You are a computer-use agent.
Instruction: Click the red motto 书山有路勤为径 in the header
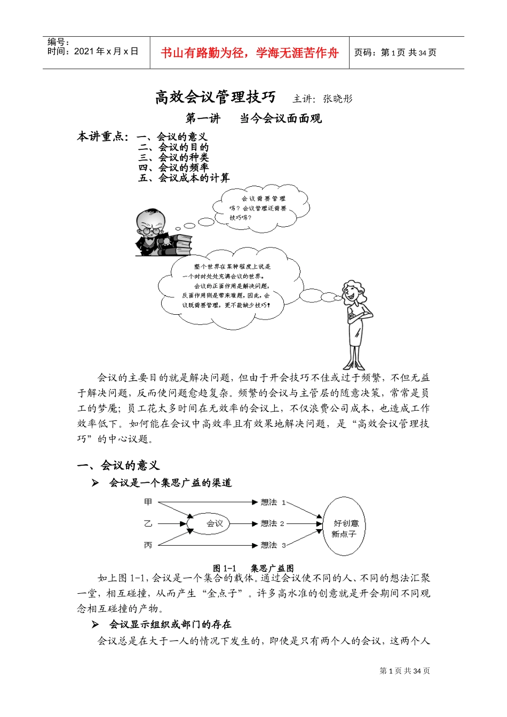[x=249, y=53]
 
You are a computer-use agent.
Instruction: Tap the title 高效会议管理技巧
[x=215, y=97]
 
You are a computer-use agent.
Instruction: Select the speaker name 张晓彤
[x=338, y=99]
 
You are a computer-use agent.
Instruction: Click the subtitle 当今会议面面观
[x=281, y=118]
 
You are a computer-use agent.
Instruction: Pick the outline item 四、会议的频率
[x=173, y=168]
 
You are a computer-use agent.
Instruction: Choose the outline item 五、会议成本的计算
[x=184, y=178]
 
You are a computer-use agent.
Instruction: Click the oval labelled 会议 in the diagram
[x=214, y=523]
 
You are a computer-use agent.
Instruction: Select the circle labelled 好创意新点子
[x=345, y=528]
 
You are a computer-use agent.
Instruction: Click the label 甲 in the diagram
[x=148, y=502]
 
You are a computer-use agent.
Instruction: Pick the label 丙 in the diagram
[x=148, y=545]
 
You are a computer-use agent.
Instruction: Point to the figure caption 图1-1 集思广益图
[x=253, y=568]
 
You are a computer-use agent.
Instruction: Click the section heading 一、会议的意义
[x=118, y=465]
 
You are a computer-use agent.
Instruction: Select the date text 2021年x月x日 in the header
[x=106, y=51]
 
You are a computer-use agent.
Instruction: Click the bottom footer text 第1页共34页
[x=404, y=671]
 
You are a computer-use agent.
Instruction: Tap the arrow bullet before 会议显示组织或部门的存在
[x=95, y=624]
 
